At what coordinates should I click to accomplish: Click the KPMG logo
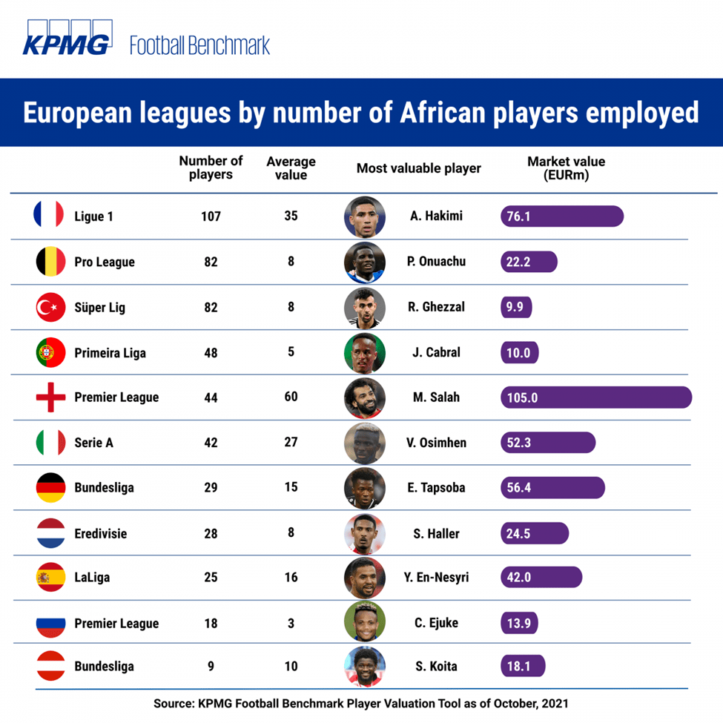(x=67, y=44)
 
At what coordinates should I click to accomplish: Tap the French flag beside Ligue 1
(x=50, y=216)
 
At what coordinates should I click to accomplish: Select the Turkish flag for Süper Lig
(x=50, y=307)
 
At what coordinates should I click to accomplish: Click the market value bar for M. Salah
(x=596, y=397)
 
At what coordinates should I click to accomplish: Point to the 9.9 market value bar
(x=517, y=307)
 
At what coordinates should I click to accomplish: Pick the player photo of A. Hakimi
(x=365, y=217)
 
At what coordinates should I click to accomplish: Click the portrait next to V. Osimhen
(x=365, y=443)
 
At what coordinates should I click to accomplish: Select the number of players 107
(x=211, y=217)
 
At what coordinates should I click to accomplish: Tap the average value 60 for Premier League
(x=291, y=397)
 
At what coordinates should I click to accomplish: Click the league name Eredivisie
(x=100, y=533)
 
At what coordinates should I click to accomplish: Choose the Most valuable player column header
(x=418, y=168)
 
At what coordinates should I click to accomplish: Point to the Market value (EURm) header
(x=566, y=168)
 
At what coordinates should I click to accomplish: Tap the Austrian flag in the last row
(x=50, y=666)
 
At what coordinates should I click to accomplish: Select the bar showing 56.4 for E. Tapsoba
(x=553, y=488)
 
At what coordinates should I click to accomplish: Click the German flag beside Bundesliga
(x=50, y=488)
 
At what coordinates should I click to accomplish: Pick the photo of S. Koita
(x=365, y=666)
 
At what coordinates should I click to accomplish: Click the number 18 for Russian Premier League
(x=211, y=623)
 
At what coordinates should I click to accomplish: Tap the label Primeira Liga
(x=110, y=353)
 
